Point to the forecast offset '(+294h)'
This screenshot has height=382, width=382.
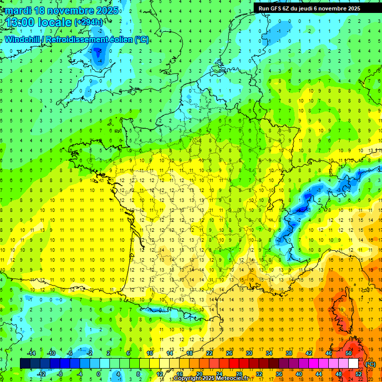click(89, 22)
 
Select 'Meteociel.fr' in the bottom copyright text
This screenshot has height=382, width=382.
click(231, 379)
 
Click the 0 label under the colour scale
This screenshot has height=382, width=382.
click(98, 374)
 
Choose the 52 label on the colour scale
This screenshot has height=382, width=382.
click(358, 374)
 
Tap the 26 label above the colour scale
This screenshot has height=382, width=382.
click(229, 353)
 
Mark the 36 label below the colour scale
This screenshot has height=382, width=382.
click(279, 374)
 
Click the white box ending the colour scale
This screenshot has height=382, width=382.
click(353, 363)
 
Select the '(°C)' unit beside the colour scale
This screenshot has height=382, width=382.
click(370, 364)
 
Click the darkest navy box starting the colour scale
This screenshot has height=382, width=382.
click(25, 363)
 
